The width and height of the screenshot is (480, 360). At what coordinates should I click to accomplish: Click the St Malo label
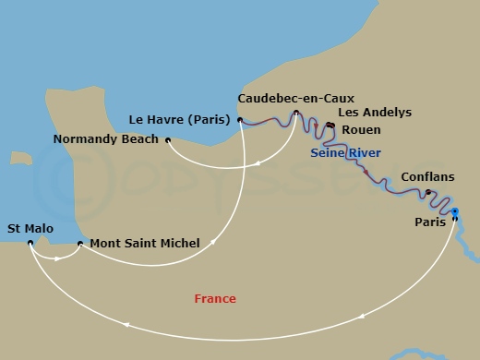pyautogui.click(x=30, y=227)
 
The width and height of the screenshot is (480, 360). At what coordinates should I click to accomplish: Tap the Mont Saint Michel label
pyautogui.click(x=144, y=244)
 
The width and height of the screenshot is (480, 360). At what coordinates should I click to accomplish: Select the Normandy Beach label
pyautogui.click(x=104, y=140)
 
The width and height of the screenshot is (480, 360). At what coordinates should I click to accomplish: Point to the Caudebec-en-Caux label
pyautogui.click(x=295, y=97)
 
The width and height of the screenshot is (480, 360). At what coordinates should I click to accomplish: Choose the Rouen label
pyautogui.click(x=361, y=130)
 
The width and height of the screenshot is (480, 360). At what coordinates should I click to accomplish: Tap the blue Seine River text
pyautogui.click(x=346, y=152)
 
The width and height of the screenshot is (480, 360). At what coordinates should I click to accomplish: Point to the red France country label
pyautogui.click(x=215, y=298)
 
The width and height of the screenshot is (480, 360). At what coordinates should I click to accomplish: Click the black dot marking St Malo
pyautogui.click(x=30, y=244)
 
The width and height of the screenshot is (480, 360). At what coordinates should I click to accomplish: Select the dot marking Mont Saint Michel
pyautogui.click(x=80, y=244)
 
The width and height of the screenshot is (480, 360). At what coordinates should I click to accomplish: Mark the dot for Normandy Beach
pyautogui.click(x=167, y=140)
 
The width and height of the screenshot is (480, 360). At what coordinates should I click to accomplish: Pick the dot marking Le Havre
pyautogui.click(x=239, y=119)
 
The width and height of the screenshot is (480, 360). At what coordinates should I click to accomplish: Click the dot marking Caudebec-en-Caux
pyautogui.click(x=295, y=114)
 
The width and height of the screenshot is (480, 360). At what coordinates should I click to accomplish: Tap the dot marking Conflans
pyautogui.click(x=427, y=192)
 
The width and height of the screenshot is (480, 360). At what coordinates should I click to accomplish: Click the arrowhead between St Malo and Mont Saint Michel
pyautogui.click(x=58, y=258)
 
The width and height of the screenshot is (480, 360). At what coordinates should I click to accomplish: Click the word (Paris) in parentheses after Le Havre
pyautogui.click(x=212, y=118)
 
